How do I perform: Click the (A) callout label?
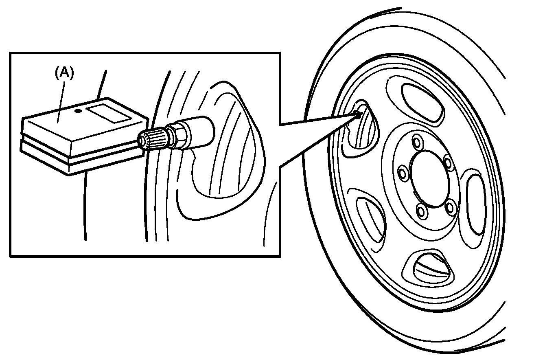tap(64, 73)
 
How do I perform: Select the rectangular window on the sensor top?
tap(110, 112)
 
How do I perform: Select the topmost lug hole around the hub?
tap(416, 141)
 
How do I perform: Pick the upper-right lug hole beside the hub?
tap(448, 163)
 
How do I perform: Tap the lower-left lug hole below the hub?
tap(420, 211)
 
